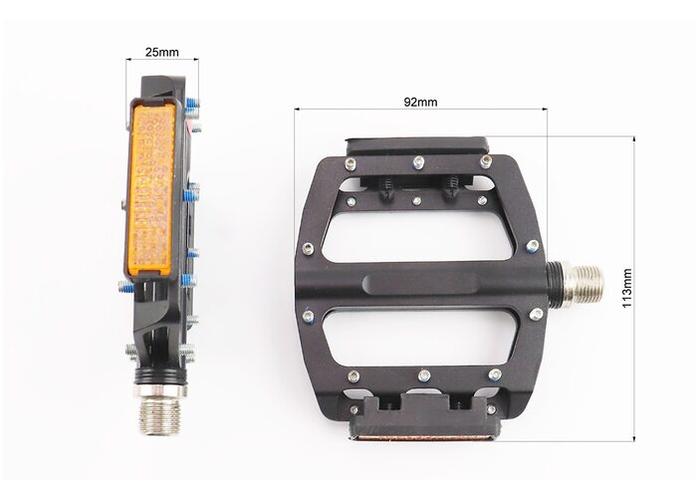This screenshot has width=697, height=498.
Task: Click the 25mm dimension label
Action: point(161,52)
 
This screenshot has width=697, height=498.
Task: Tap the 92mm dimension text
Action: point(420,102)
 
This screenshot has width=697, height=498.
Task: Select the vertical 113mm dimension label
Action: point(626,288)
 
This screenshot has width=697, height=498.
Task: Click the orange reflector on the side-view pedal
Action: point(150,188)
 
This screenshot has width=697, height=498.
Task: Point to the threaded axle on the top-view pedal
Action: point(582,283)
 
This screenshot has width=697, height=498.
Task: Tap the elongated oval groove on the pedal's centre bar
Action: point(420,283)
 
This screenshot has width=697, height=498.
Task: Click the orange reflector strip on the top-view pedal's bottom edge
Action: point(424,438)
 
